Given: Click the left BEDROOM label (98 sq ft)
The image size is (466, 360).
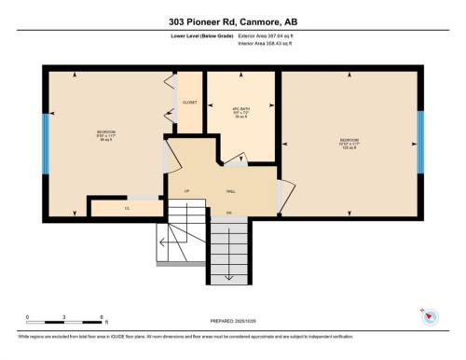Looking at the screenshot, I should click(106, 135).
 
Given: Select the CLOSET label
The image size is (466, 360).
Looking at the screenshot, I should click(190, 103).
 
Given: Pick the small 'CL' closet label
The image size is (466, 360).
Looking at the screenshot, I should click(126, 208).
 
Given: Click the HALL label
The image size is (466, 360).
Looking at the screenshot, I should click(229, 191).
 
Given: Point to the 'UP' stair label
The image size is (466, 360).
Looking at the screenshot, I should click(186, 191).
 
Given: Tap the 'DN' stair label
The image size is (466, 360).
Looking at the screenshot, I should click(228, 214).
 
